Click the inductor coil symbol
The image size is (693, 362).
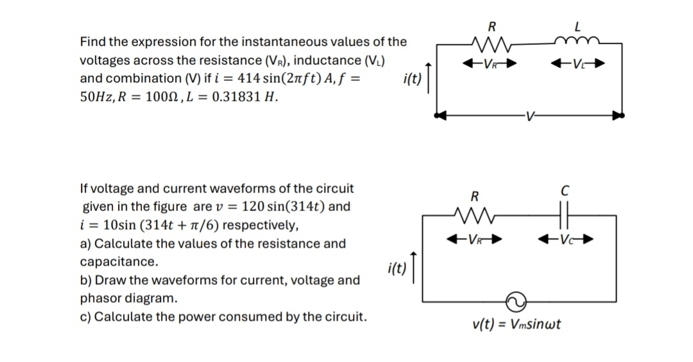pos(577,42)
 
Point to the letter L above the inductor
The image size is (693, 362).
pos(577,27)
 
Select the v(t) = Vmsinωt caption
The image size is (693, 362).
pos(517,324)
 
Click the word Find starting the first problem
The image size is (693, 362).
pos(93,42)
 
